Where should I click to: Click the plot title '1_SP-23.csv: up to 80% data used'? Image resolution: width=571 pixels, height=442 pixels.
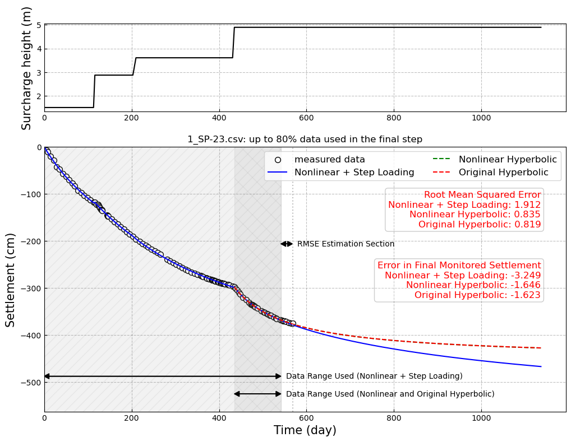click(305, 139)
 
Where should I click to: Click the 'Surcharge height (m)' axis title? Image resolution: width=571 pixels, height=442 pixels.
click(27, 68)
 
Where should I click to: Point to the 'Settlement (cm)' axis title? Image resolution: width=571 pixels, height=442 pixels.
click(11, 280)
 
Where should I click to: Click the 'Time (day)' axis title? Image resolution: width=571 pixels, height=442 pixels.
click(305, 430)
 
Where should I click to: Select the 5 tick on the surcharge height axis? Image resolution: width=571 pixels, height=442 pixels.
click(39, 25)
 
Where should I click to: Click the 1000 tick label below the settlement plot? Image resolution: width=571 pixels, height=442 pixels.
click(481, 417)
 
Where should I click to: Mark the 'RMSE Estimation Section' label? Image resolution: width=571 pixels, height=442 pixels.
click(346, 244)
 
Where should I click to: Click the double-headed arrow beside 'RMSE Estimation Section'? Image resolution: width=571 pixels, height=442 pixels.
click(287, 244)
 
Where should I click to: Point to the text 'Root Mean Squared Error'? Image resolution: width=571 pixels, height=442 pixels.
click(482, 195)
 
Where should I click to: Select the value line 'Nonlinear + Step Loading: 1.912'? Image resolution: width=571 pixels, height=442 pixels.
click(464, 205)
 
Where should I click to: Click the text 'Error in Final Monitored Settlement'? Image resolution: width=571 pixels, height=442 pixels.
click(459, 266)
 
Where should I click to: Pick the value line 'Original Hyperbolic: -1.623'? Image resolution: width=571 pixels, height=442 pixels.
click(477, 295)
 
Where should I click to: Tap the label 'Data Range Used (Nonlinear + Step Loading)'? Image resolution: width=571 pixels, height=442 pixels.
click(374, 376)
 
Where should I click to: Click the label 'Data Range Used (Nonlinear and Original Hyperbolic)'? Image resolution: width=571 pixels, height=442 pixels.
click(390, 394)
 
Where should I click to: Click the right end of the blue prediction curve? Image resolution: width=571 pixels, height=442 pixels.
click(541, 366)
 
